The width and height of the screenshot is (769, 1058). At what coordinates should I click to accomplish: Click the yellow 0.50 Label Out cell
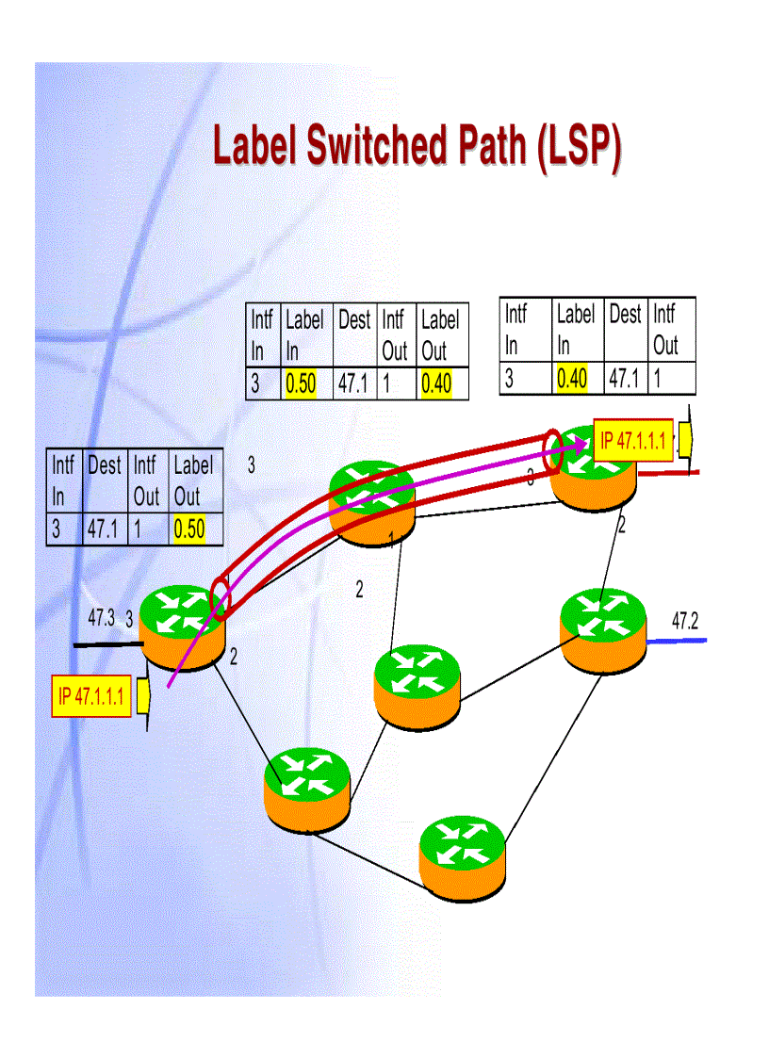point(189,529)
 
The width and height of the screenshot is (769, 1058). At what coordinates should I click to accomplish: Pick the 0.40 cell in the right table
point(572,379)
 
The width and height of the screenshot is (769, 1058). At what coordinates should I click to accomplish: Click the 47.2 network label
point(685,620)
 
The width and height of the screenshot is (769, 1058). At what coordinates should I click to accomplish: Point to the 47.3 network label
point(101,618)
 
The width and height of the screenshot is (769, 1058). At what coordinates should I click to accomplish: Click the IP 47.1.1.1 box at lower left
point(91,696)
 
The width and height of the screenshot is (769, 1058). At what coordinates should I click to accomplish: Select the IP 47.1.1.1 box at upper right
point(633,440)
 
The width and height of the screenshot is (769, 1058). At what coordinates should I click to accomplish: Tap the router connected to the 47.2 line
point(603,629)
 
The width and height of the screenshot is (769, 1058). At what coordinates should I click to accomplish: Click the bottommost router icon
point(462,856)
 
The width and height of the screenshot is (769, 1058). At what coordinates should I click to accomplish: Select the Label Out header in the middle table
point(440,335)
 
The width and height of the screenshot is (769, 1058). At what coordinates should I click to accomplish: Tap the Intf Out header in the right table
point(665,329)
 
